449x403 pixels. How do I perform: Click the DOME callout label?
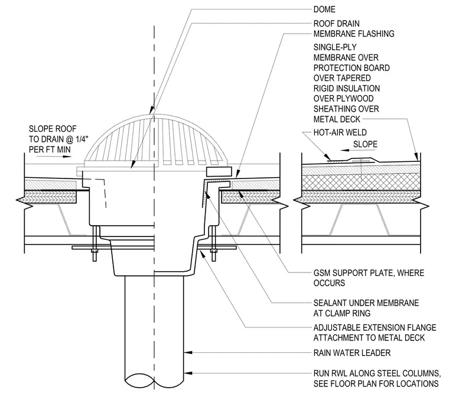(324, 9)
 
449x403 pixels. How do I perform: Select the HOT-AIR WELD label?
(340, 132)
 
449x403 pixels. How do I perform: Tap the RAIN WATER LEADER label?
(352, 353)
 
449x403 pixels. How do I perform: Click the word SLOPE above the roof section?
(365, 144)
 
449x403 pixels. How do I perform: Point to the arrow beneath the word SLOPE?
(347, 150)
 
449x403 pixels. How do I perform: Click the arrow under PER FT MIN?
(64, 157)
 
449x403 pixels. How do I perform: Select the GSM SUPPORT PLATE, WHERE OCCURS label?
(369, 278)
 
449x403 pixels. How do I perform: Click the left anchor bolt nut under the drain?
(95, 251)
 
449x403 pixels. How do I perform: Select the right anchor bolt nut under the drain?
(214, 251)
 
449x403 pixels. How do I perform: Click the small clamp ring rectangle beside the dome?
(219, 171)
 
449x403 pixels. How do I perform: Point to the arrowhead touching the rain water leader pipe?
(187, 352)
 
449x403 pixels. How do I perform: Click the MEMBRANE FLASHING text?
(354, 34)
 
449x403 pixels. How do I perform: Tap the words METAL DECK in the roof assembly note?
(337, 119)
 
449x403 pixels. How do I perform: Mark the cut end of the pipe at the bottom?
(154, 382)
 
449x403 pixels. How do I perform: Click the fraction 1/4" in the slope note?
(82, 139)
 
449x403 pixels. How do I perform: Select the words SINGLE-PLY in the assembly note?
(335, 47)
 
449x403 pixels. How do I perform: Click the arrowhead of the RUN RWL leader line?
(187, 373)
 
